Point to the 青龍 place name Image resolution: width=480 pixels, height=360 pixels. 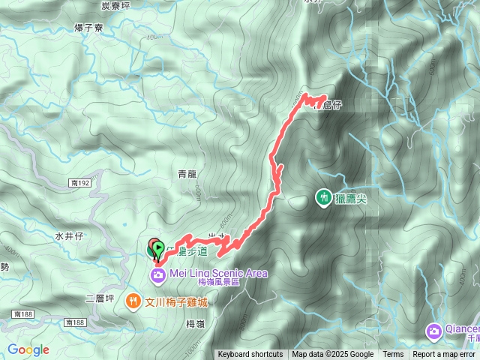pos(187,173)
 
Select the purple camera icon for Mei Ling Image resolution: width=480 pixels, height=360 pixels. pos(158,274)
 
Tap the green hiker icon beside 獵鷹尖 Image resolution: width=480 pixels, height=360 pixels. pos(323,197)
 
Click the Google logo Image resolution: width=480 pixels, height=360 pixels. pos(28,349)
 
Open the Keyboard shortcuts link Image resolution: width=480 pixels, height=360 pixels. pos(250,355)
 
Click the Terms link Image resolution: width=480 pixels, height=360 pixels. pos(393,355)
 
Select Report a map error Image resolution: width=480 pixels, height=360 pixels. pos(444,355)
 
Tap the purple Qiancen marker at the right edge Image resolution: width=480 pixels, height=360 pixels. pos(433,331)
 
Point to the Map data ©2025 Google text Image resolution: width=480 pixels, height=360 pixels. pos(333,355)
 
